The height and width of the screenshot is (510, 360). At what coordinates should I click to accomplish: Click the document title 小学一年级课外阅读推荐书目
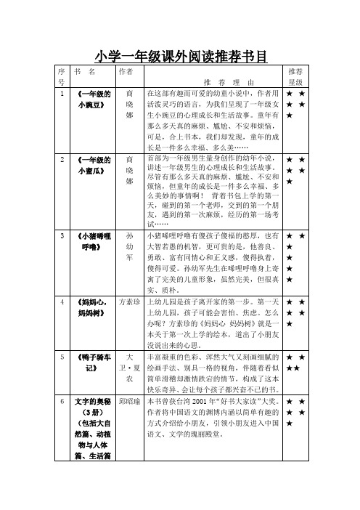(180, 55)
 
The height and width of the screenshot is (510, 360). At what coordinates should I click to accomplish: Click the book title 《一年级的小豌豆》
(93, 99)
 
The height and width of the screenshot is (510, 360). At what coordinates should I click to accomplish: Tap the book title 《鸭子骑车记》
(93, 363)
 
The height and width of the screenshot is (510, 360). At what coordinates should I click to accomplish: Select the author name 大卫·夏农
(129, 368)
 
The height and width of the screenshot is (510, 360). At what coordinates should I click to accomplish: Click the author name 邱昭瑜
(129, 401)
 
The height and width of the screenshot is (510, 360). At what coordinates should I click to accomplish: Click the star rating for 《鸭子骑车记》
(295, 363)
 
